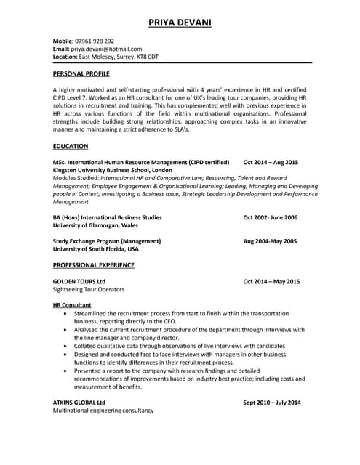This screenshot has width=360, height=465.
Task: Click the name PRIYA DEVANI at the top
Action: pyautogui.click(x=180, y=23)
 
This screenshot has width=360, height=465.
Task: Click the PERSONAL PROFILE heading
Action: pyautogui.click(x=81, y=74)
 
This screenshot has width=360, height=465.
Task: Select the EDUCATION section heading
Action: pyautogui.click(x=71, y=146)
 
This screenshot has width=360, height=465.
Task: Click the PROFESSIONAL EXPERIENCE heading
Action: pyautogui.click(x=93, y=265)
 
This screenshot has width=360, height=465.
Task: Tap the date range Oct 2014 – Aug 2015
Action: pyautogui.click(x=271, y=162)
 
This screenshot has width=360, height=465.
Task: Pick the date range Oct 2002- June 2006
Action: pyautogui.click(x=270, y=217)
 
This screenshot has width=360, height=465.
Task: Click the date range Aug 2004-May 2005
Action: pyautogui.click(x=270, y=240)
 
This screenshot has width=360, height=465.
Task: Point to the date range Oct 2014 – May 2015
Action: pyautogui.click(x=271, y=281)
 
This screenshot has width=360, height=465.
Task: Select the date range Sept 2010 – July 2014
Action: pyautogui.click(x=271, y=402)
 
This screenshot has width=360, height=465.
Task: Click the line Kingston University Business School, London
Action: pyautogui.click(x=113, y=169)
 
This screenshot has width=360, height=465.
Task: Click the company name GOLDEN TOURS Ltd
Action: pyautogui.click(x=79, y=281)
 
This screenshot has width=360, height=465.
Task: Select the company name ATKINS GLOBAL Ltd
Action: pyautogui.click(x=79, y=402)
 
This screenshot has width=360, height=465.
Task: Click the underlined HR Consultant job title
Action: pyautogui.click(x=72, y=305)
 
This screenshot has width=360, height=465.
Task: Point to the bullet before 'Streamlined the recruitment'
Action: pyautogui.click(x=66, y=313)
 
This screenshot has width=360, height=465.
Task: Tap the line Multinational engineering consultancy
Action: pyautogui.click(x=103, y=411)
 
